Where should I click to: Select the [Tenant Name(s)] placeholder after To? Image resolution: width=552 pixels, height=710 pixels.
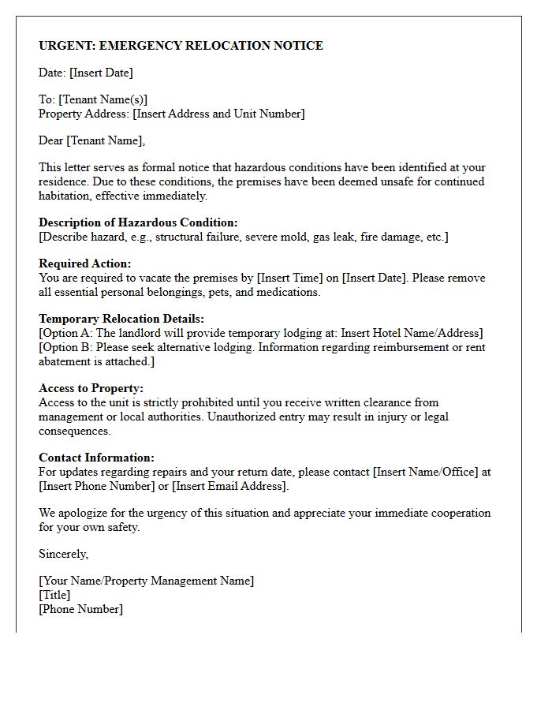[103, 99]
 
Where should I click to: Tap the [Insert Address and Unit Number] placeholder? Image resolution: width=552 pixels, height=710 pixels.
[218, 114]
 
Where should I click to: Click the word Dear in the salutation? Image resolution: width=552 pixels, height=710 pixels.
[51, 140]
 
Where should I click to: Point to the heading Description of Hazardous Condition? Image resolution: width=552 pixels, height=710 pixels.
[138, 222]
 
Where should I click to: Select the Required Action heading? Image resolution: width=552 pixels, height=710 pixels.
[85, 263]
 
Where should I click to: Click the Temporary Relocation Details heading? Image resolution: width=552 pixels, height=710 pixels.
[121, 319]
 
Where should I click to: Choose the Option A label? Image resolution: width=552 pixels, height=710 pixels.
[67, 333]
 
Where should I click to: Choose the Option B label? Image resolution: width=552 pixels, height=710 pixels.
[67, 347]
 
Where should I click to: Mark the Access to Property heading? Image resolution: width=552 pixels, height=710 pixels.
[91, 388]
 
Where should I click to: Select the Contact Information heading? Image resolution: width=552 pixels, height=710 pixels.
[96, 458]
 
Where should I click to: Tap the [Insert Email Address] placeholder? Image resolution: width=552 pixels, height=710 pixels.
[230, 486]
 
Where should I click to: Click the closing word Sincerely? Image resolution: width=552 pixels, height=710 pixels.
[63, 554]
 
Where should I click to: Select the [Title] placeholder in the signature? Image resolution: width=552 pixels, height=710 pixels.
[54, 595]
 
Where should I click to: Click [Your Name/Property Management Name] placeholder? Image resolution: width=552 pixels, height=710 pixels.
[147, 581]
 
